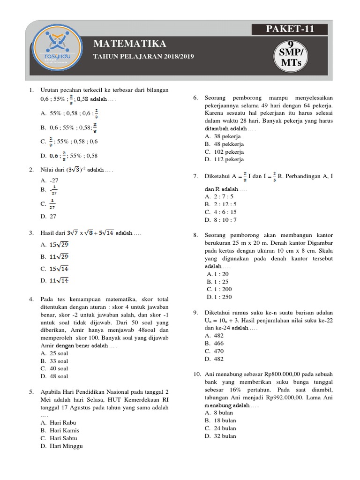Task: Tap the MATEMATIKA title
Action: pos(130,44)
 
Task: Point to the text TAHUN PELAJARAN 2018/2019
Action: pos(143,57)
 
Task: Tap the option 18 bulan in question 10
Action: pos(220,420)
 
